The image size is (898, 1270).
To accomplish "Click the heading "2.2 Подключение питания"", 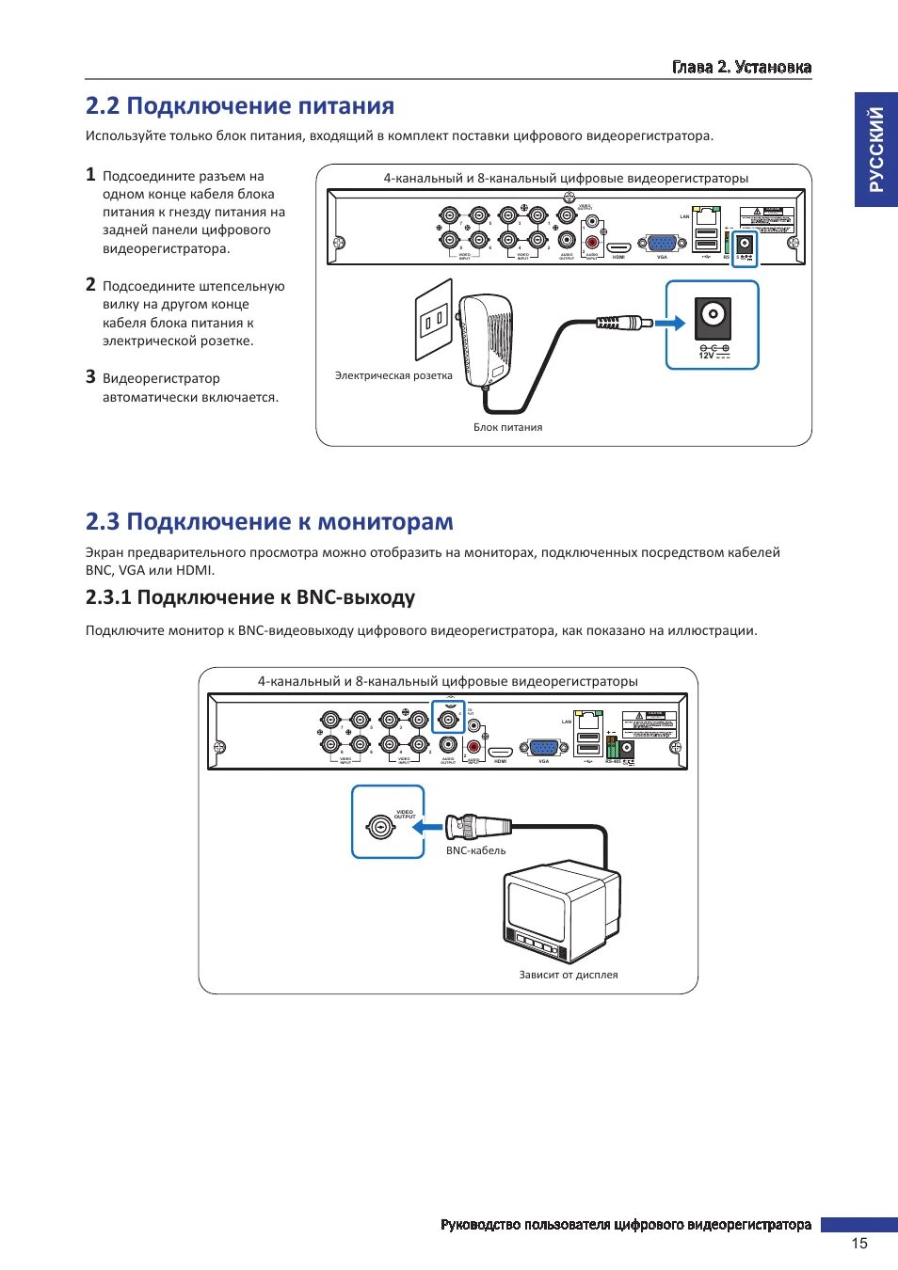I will coord(239,106).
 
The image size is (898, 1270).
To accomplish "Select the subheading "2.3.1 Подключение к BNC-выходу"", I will coord(249,597).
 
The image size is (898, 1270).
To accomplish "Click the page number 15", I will coord(858,1244).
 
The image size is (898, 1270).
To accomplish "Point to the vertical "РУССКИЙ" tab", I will coord(876,149).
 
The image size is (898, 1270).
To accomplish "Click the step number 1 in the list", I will coord(90,175).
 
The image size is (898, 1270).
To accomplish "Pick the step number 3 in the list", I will coord(90,377).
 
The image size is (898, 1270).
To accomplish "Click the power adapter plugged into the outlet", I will coord(485,337).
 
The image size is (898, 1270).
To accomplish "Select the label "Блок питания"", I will coord(507,427).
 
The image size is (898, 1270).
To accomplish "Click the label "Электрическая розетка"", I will coord(393,375).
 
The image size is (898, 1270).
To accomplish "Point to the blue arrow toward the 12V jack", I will coord(669,323).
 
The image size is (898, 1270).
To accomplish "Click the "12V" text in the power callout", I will coord(706,356).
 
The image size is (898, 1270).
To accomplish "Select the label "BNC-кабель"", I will coord(475,850).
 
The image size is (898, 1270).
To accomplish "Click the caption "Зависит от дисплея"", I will coord(569,975).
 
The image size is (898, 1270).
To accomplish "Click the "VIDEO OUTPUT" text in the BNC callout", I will coord(405,815).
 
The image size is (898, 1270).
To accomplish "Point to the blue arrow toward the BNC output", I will coord(428,828).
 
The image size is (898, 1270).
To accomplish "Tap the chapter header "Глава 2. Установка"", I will coord(742,67).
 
